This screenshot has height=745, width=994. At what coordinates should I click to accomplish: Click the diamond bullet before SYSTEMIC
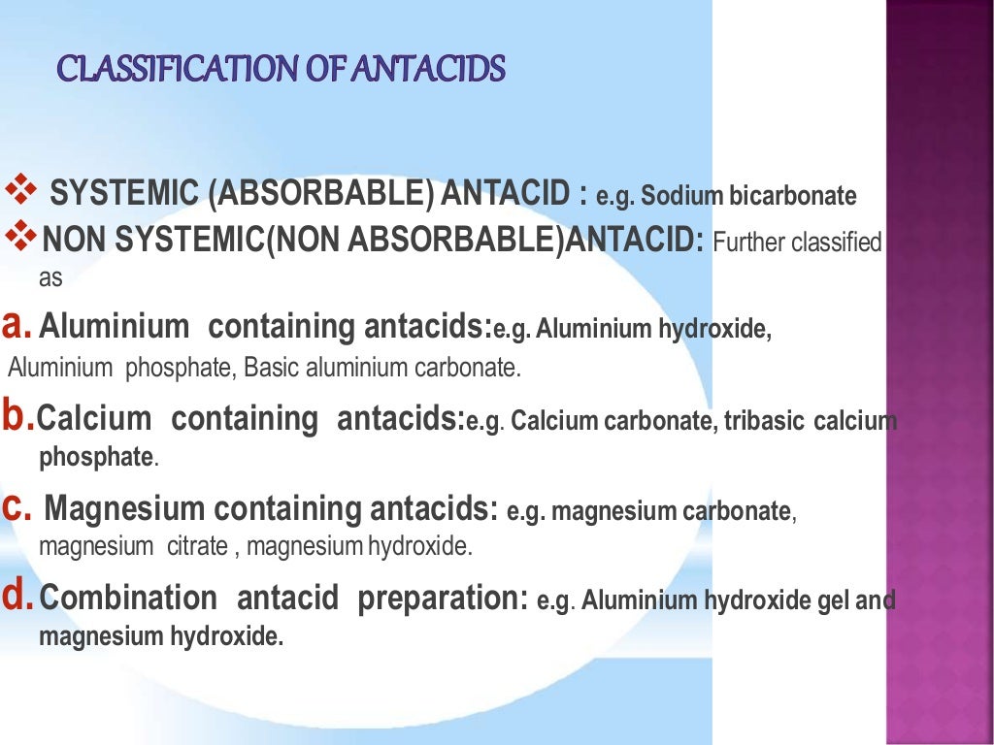click(x=20, y=189)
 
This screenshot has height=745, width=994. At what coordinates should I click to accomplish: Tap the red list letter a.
click(x=14, y=326)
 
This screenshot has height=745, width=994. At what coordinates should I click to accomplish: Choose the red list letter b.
click(x=16, y=417)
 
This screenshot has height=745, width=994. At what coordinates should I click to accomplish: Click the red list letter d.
click(x=16, y=598)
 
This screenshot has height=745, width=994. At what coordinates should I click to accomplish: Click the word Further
click(x=748, y=242)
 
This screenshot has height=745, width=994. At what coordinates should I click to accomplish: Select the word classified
click(x=836, y=242)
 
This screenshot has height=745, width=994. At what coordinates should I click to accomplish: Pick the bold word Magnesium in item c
click(x=125, y=509)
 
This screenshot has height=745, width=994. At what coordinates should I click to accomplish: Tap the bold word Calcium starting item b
click(x=96, y=419)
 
